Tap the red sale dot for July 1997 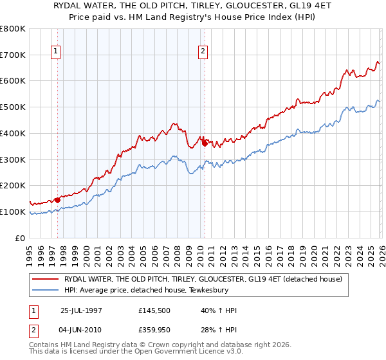point(57,200)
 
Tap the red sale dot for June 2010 point(205,143)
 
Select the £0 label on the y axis point(21,238)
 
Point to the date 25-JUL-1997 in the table point(80,311)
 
